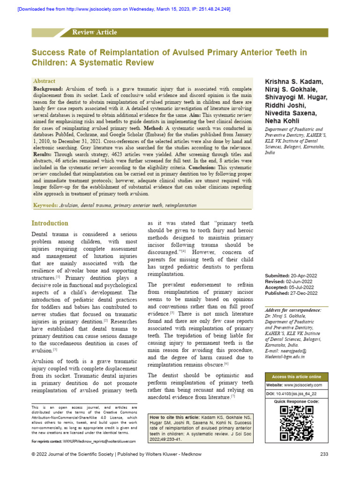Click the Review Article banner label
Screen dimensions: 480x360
click(x=94, y=32)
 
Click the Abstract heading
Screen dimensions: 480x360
click(x=44, y=81)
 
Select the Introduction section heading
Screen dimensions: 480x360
click(x=50, y=223)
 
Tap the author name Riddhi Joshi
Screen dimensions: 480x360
click(x=284, y=105)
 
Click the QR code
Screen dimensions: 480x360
click(x=296, y=424)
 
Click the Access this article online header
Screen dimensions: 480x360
click(x=296, y=377)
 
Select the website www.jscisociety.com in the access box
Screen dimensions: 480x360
click(x=303, y=385)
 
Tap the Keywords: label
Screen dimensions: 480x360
click(x=45, y=205)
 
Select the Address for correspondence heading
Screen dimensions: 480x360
click(x=293, y=310)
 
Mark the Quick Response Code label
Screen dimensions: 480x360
click(x=296, y=402)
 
